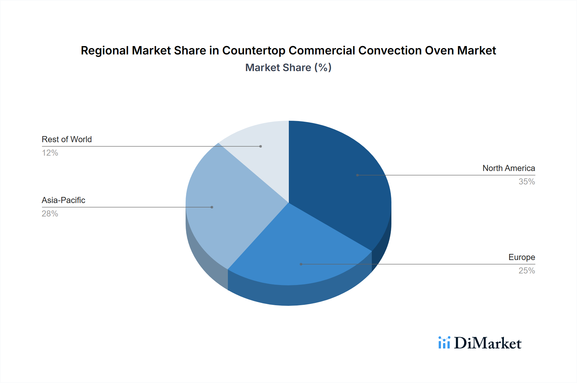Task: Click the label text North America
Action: point(508,168)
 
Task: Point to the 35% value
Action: point(527,182)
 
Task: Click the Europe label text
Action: point(522,257)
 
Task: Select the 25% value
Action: point(527,271)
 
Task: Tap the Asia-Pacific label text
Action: point(63,200)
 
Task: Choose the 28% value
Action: point(50,214)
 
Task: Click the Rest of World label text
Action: point(67,139)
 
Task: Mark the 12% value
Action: point(50,153)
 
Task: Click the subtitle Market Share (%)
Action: point(288,68)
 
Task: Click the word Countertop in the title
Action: point(253,51)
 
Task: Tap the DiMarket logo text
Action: point(488,343)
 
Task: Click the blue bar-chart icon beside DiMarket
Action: point(444,343)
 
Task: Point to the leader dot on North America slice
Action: point(357,175)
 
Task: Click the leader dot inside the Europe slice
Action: point(301,264)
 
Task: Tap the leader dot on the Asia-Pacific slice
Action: point(212,207)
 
